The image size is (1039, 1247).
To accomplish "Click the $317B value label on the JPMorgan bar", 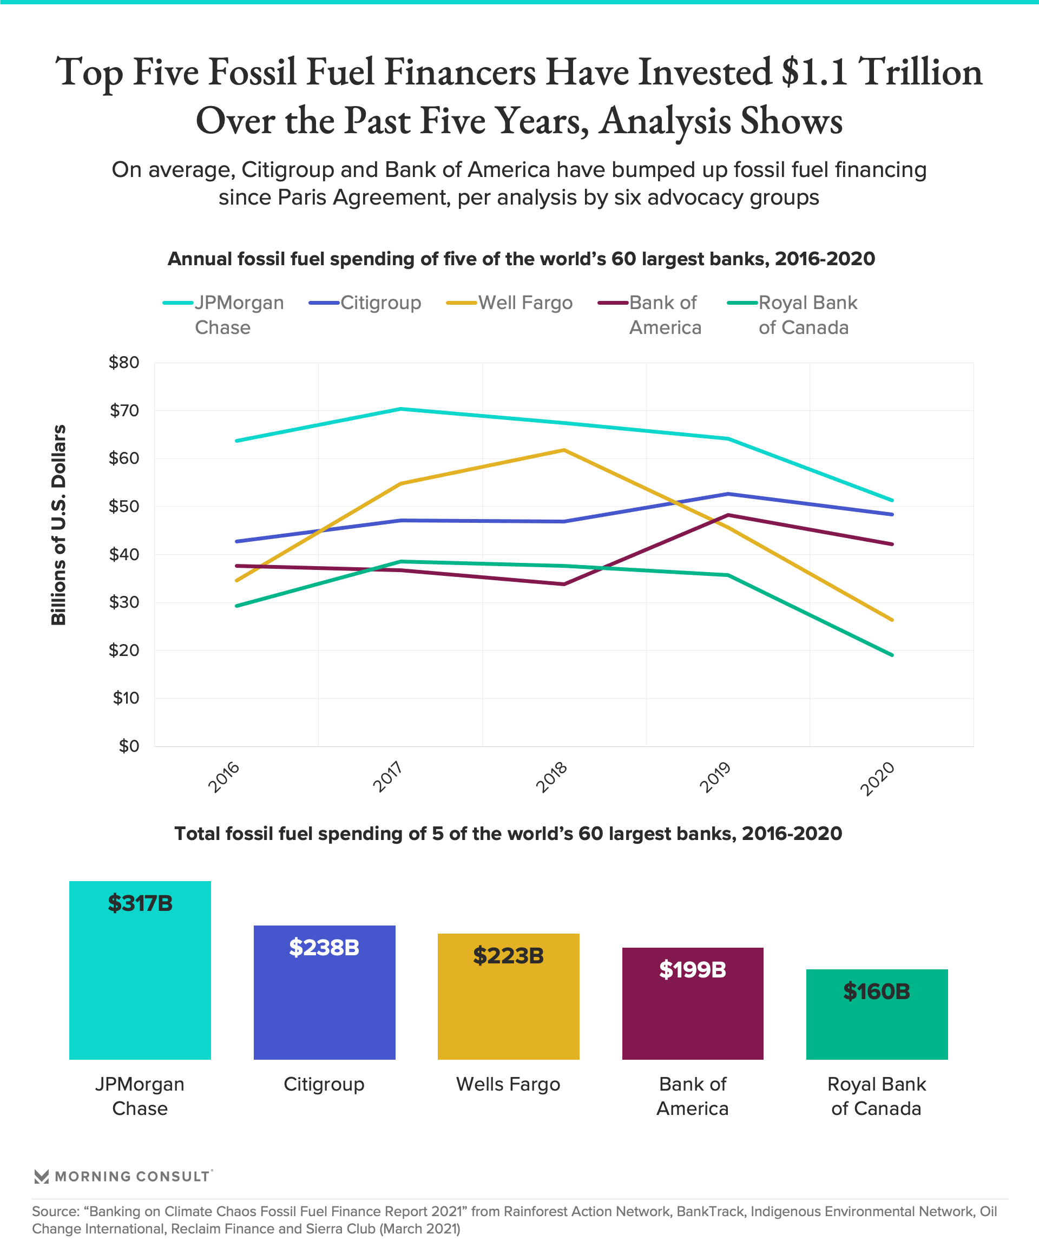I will pos(140,903).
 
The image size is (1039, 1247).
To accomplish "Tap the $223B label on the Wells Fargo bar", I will pos(508,955).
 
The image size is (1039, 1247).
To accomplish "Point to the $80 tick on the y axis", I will pos(123,362).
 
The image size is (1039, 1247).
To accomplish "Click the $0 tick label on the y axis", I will pos(128,746).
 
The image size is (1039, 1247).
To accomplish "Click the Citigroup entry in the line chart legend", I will pos(380,303).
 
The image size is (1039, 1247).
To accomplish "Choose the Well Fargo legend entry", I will pos(525,303).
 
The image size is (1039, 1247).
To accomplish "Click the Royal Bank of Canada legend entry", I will pos(807,314).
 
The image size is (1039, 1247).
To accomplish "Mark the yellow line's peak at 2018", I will pos(564,450).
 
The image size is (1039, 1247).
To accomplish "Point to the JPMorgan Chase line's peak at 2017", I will pos(401,409).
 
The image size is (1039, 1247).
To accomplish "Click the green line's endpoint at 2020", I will pos(892,655).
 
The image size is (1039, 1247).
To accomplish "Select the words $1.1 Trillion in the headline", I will pos(881,73).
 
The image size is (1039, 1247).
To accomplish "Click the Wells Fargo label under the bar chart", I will pos(508,1084).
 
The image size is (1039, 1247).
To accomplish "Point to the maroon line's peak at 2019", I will pos(728,515).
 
